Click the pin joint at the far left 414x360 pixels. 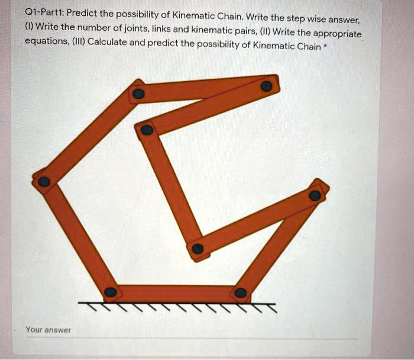tap(44, 182)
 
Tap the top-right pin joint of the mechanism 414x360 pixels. tap(267, 86)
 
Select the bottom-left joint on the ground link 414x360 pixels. tap(111, 292)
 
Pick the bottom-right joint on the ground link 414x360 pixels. tap(240, 292)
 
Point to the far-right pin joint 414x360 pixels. tap(315, 195)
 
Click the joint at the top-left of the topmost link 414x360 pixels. tap(138, 94)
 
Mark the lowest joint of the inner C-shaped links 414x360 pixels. tap(198, 249)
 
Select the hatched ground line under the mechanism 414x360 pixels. tap(177, 306)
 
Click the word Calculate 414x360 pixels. tap(106, 43)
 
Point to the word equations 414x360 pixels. tap(45, 43)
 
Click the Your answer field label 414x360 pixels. tap(48, 330)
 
